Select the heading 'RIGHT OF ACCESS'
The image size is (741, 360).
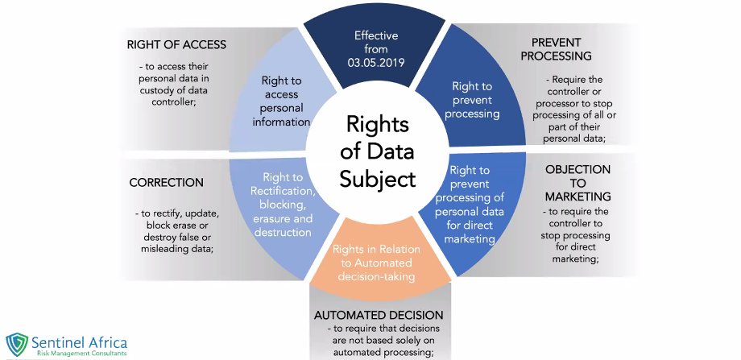[176, 44]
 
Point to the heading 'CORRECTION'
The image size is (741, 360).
[166, 183]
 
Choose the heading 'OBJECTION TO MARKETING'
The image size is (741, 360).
[577, 183]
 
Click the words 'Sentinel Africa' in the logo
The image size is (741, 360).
[80, 341]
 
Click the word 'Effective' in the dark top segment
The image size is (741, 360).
[377, 36]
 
